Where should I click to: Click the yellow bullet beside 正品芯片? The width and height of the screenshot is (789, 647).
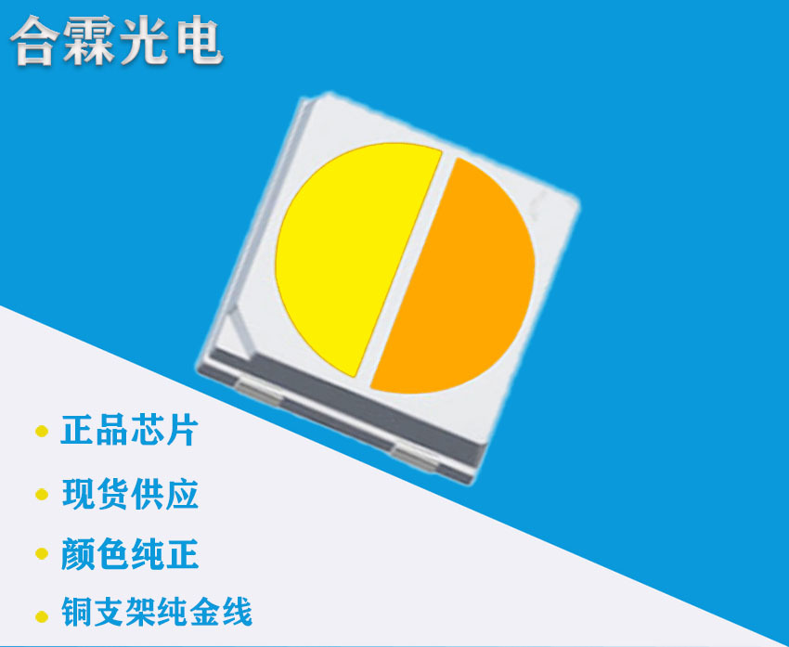(x=41, y=432)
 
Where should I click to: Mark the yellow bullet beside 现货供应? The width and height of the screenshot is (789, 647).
(x=41, y=494)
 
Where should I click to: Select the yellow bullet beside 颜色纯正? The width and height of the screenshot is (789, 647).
(x=41, y=555)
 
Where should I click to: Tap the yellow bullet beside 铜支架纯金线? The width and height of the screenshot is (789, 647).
(x=41, y=615)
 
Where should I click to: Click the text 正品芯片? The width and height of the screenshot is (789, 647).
(x=130, y=432)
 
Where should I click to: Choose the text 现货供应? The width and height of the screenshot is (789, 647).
(x=130, y=494)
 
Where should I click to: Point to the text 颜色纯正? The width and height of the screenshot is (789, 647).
(x=130, y=555)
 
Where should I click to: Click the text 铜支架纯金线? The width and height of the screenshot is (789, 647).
(x=156, y=614)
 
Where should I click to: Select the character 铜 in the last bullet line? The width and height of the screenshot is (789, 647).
(x=77, y=614)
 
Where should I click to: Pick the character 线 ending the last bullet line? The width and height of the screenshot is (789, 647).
(x=236, y=614)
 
